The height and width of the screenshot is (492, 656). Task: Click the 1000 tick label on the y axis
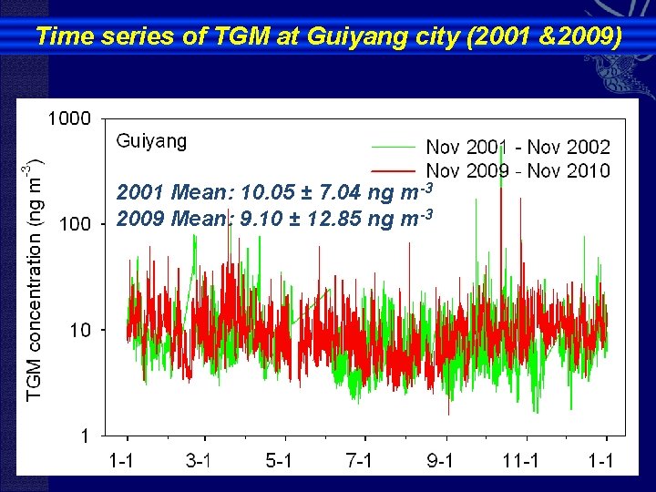[x=69, y=118]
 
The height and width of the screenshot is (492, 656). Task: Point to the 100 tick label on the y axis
[x=74, y=224]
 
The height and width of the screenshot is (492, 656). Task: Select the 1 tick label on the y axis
[x=84, y=436]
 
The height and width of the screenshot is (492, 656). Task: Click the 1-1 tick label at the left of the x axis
[x=120, y=460]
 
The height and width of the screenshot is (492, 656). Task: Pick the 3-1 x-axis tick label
[x=200, y=460]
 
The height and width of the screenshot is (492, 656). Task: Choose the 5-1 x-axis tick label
[x=279, y=460]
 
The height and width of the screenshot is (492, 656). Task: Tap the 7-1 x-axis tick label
[x=359, y=460]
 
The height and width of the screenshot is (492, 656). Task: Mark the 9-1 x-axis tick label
[x=440, y=460]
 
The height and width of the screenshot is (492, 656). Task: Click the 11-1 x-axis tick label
[x=519, y=460]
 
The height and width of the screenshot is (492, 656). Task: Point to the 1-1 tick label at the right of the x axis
[x=600, y=460]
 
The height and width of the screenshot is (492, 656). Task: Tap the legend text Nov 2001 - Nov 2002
[x=518, y=146]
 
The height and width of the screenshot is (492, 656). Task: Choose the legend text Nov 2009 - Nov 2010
[x=518, y=170]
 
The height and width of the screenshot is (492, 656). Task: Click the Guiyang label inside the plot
[x=151, y=140]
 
